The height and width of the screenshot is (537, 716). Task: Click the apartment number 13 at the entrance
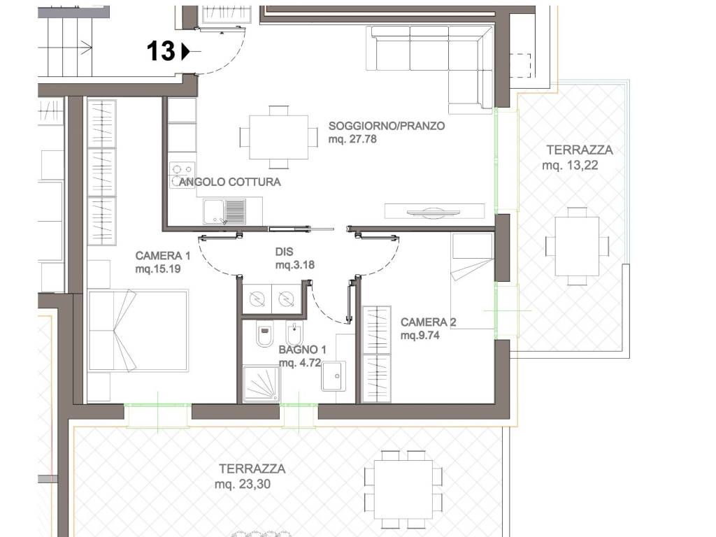tap(161, 50)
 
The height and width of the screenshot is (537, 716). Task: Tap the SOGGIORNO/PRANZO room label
tap(386, 126)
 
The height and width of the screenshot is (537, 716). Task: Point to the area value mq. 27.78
tap(352, 139)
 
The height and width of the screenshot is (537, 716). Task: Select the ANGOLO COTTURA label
tap(229, 182)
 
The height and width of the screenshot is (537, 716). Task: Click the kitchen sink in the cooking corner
tap(224, 211)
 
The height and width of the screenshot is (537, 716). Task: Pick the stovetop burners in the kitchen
tap(182, 176)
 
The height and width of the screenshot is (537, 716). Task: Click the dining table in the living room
tap(278, 137)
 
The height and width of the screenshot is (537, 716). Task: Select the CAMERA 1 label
tap(162, 256)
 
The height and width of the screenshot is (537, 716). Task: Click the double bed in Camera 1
tap(138, 330)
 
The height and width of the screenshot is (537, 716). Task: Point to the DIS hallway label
tap(284, 252)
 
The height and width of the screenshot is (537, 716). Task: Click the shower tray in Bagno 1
tap(261, 383)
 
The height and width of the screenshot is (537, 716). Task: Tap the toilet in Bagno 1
tap(264, 334)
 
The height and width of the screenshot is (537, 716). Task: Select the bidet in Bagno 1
tap(294, 334)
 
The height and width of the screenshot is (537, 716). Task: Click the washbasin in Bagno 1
tap(334, 375)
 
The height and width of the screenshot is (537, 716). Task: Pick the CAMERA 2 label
tap(429, 322)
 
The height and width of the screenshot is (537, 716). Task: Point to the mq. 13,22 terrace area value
tap(570, 165)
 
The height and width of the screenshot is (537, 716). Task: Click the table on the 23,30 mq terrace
tap(403, 489)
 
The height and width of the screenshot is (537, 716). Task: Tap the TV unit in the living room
tap(434, 211)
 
